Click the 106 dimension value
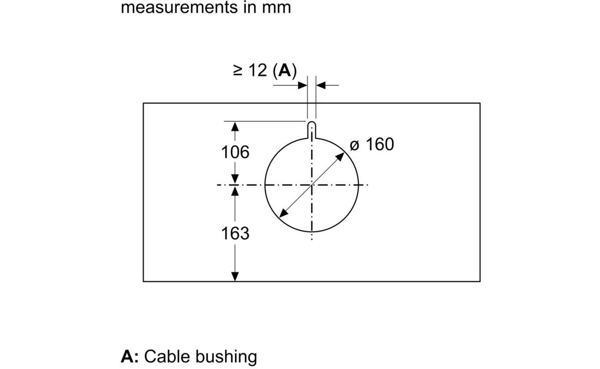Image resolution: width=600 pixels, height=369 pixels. [235, 152]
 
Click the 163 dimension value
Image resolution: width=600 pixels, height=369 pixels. [235, 233]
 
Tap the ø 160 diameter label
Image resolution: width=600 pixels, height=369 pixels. [372, 144]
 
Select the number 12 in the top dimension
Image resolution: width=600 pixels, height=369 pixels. [258, 70]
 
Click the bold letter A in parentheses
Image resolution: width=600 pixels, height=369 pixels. [284, 70]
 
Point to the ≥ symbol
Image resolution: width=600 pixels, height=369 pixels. [237, 70]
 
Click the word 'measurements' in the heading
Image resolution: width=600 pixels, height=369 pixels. [180, 7]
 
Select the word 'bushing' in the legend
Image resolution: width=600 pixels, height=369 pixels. [227, 357]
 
